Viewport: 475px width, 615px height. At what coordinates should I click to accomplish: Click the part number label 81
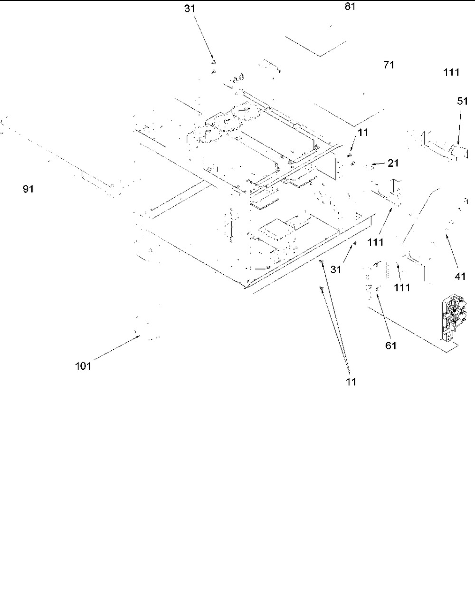point(350,7)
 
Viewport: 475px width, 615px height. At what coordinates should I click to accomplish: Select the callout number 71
point(389,65)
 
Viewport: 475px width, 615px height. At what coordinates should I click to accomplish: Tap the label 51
point(462,101)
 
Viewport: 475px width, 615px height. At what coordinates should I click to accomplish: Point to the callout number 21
point(393,163)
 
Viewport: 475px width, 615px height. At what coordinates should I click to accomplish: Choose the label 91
point(28,189)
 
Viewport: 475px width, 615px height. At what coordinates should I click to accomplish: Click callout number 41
point(460,276)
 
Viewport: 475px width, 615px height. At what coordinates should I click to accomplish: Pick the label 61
point(391,346)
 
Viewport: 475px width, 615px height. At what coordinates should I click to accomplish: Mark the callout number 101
point(83,366)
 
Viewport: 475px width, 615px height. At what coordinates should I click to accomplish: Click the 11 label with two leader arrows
point(351,382)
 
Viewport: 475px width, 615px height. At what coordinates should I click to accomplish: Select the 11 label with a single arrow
point(363,132)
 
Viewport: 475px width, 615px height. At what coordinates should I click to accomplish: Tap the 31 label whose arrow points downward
point(190,9)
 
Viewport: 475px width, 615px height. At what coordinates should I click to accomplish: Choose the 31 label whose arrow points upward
point(336,269)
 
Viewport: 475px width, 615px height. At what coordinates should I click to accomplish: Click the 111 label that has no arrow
point(451,72)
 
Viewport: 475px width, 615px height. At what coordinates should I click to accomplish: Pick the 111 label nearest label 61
point(402,288)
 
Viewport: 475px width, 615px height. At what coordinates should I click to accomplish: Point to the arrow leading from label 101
point(116,348)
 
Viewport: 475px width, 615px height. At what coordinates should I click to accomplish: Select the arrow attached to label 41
point(452,252)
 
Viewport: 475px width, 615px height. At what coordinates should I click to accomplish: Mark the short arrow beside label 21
point(378,163)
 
